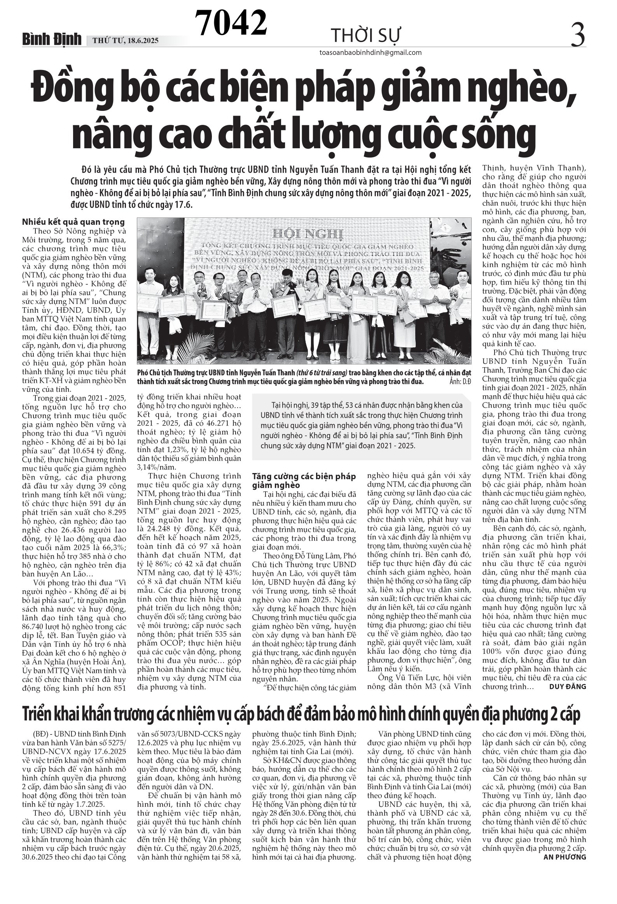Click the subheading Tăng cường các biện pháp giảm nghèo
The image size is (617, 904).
pyautogui.click(x=304, y=481)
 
